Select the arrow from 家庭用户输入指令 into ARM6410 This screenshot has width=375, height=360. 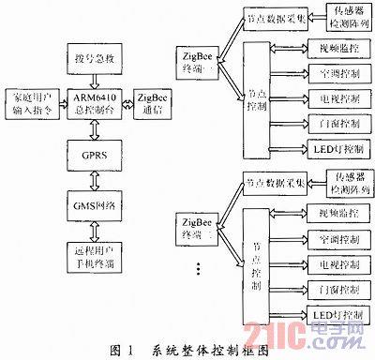tap(63, 103)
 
